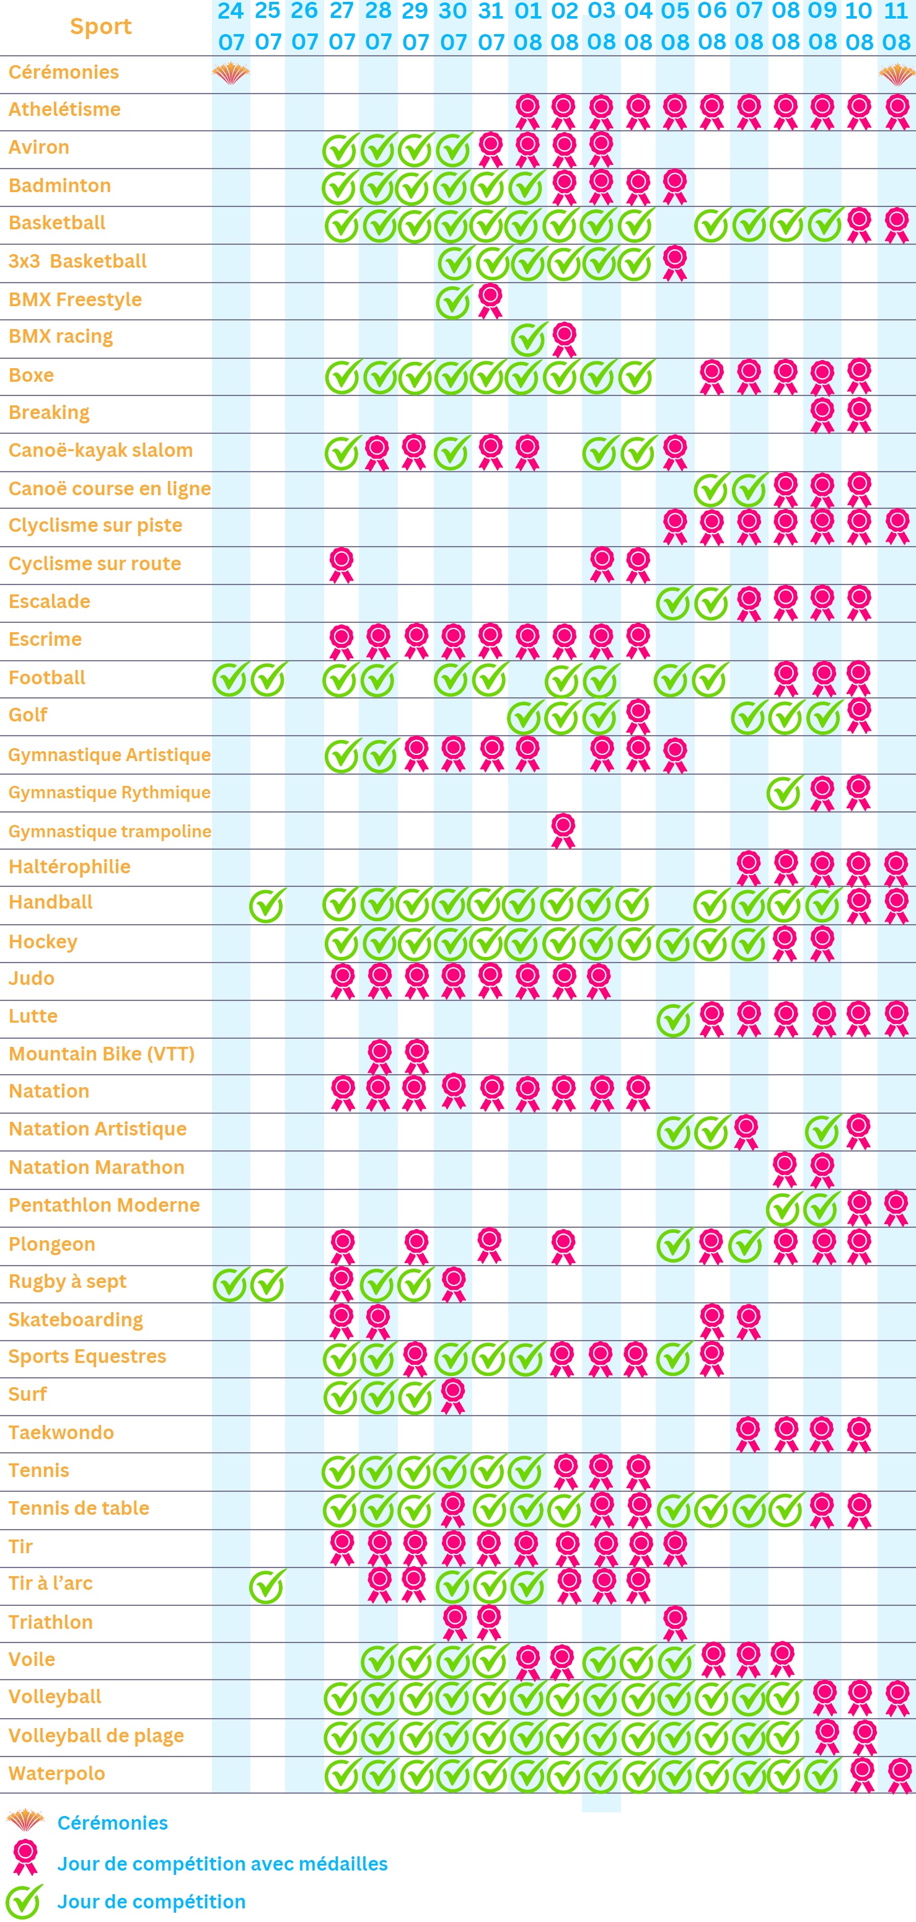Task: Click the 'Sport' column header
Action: tap(100, 26)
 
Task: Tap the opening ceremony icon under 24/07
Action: tap(231, 73)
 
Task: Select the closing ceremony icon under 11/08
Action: tap(897, 74)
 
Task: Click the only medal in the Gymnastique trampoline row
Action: tap(563, 831)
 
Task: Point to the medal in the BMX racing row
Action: tap(564, 340)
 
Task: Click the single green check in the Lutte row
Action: tap(675, 1019)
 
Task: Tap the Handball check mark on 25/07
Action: tap(267, 905)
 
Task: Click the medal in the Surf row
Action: tap(453, 1396)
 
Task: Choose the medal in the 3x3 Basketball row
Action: tap(675, 263)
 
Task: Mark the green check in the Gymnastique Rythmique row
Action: tap(785, 792)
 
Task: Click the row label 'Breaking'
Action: tap(49, 413)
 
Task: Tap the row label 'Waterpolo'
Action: tap(56, 1773)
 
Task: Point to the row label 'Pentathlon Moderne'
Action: tap(105, 1205)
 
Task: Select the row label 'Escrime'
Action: tap(45, 640)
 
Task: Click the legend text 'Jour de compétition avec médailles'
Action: tap(222, 1863)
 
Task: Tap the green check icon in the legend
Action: tap(24, 1901)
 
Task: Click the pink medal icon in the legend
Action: tap(25, 1857)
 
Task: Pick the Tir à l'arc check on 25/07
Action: tap(267, 1585)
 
